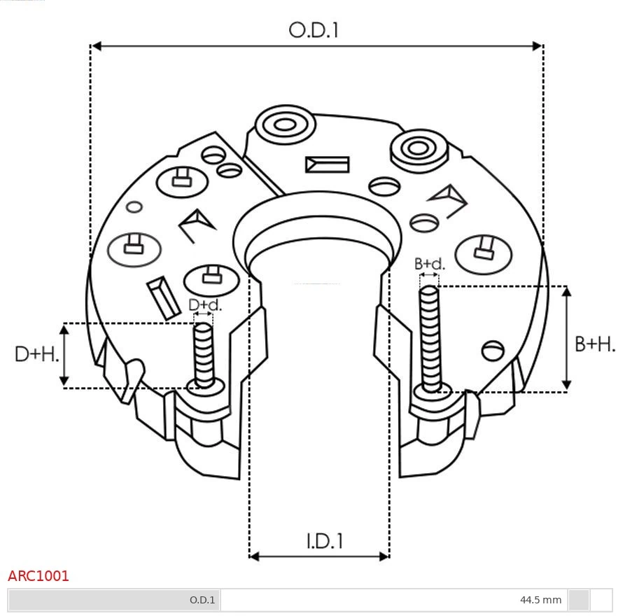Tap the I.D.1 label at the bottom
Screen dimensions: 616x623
pos(324,540)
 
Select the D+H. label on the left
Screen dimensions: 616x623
pos(36,354)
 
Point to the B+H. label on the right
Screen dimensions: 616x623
pos(594,344)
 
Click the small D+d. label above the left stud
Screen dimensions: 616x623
pos(205,305)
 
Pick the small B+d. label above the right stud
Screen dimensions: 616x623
pos(429,264)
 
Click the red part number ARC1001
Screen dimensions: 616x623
pos(38,576)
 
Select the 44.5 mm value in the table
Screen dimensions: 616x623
pos(540,600)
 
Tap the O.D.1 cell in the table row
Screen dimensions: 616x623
pos(202,600)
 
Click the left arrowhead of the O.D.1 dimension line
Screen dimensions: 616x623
pos(97,46)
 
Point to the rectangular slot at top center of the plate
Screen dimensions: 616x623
pos(327,164)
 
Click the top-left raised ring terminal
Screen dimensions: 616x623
pos(284,126)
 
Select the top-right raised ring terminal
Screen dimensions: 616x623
pos(419,148)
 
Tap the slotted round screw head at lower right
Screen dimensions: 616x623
pos(493,349)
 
